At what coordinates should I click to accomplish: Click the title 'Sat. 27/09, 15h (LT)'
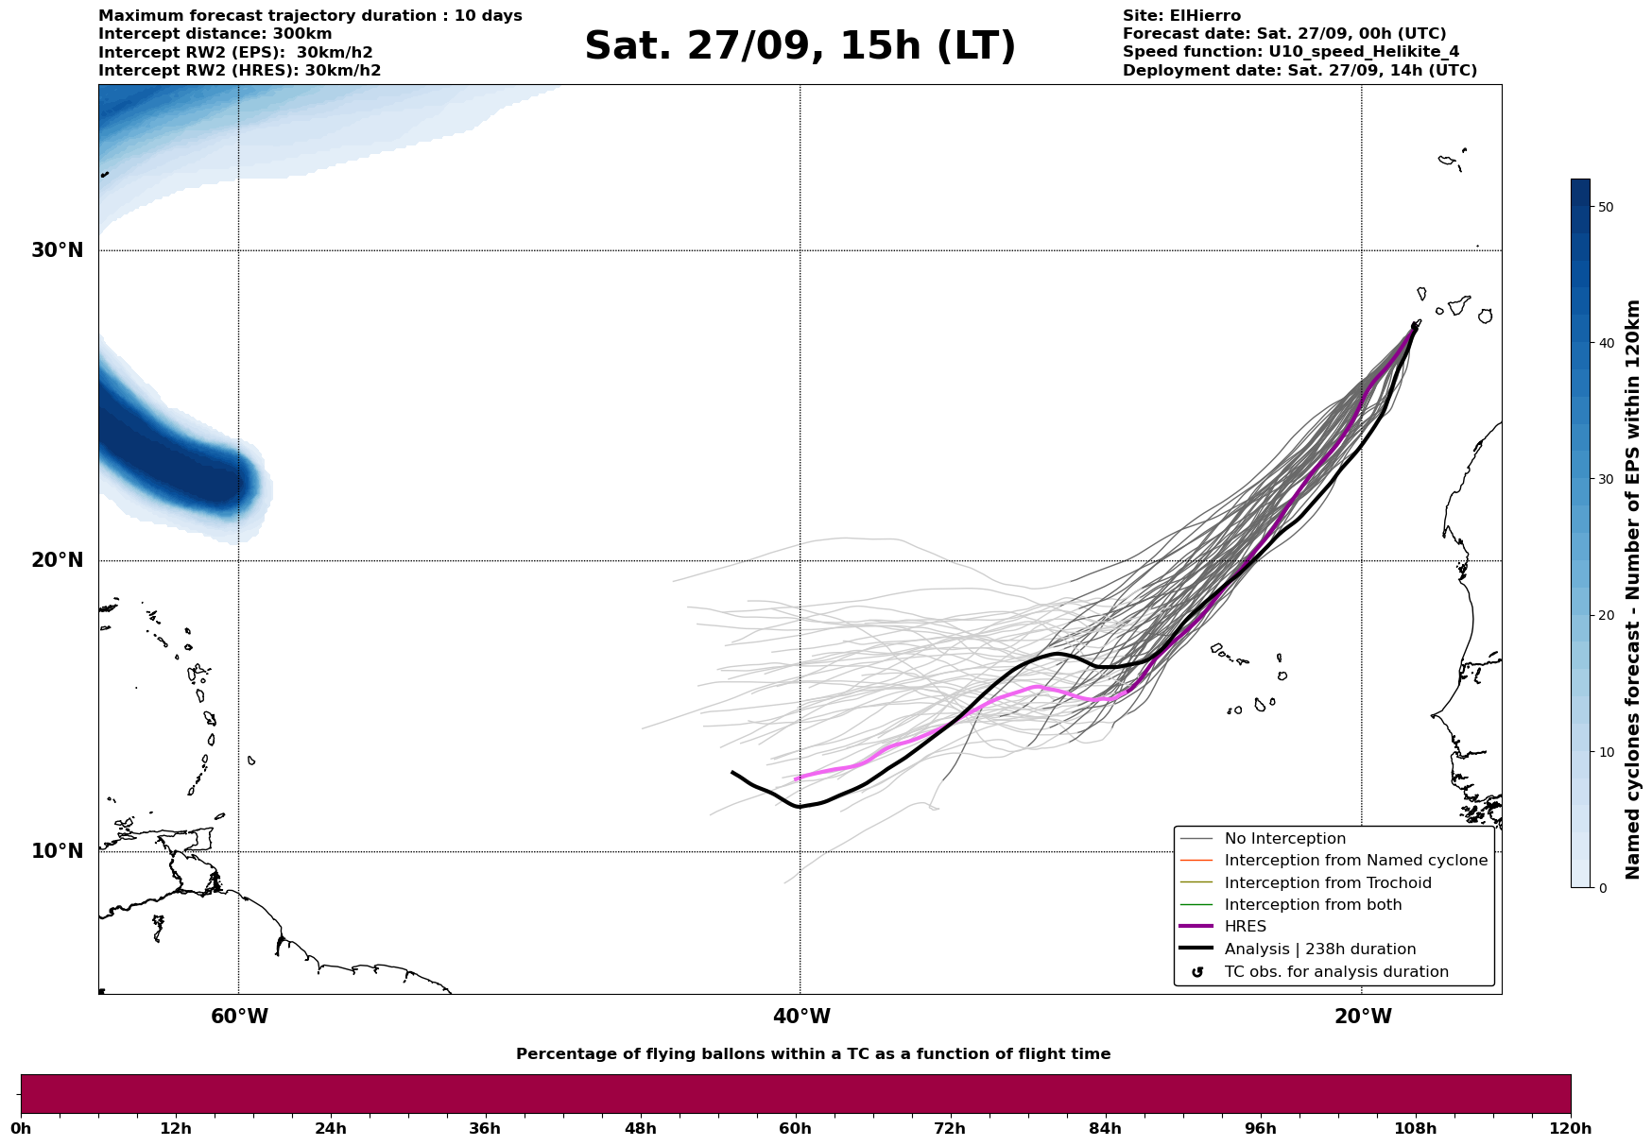coord(800,46)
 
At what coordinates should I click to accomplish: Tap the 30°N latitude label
coord(58,250)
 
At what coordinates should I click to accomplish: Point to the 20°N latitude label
coord(58,560)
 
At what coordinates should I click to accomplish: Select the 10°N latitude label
coord(58,851)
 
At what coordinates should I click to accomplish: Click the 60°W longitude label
coord(239,1017)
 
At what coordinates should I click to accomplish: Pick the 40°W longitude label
coord(801,1017)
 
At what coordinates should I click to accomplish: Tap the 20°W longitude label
coord(1363,1017)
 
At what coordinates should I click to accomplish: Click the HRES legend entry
coord(1245,927)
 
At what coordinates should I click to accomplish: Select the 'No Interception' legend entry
coord(1284,839)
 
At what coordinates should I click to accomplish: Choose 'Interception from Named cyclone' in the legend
coord(1355,861)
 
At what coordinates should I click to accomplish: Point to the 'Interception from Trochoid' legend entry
coord(1327,883)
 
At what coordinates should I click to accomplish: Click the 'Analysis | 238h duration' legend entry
coord(1319,949)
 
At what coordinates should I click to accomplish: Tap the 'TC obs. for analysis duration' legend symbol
coord(1197,972)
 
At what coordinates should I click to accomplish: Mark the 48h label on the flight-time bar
coord(640,1128)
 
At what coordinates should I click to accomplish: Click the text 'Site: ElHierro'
coord(1181,16)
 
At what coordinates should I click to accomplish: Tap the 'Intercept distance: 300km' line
coord(215,34)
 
